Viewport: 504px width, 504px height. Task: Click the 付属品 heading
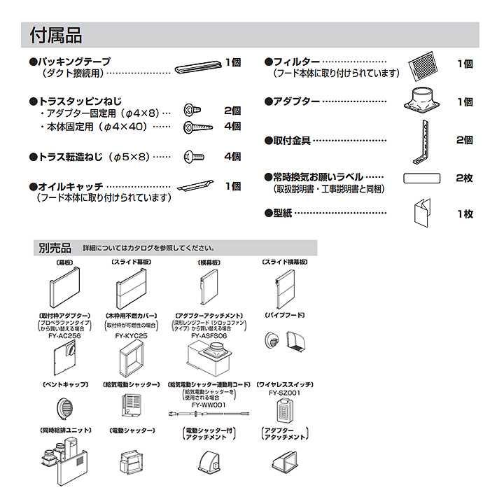coord(56,34)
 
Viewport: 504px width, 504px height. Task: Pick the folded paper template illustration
coord(423,213)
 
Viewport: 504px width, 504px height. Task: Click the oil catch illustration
coord(196,187)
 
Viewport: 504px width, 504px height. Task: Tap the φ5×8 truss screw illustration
coord(193,157)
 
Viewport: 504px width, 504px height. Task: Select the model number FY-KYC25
coord(131,336)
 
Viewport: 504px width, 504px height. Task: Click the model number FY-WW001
coord(208,405)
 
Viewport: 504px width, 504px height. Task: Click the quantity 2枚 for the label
coord(463,178)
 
